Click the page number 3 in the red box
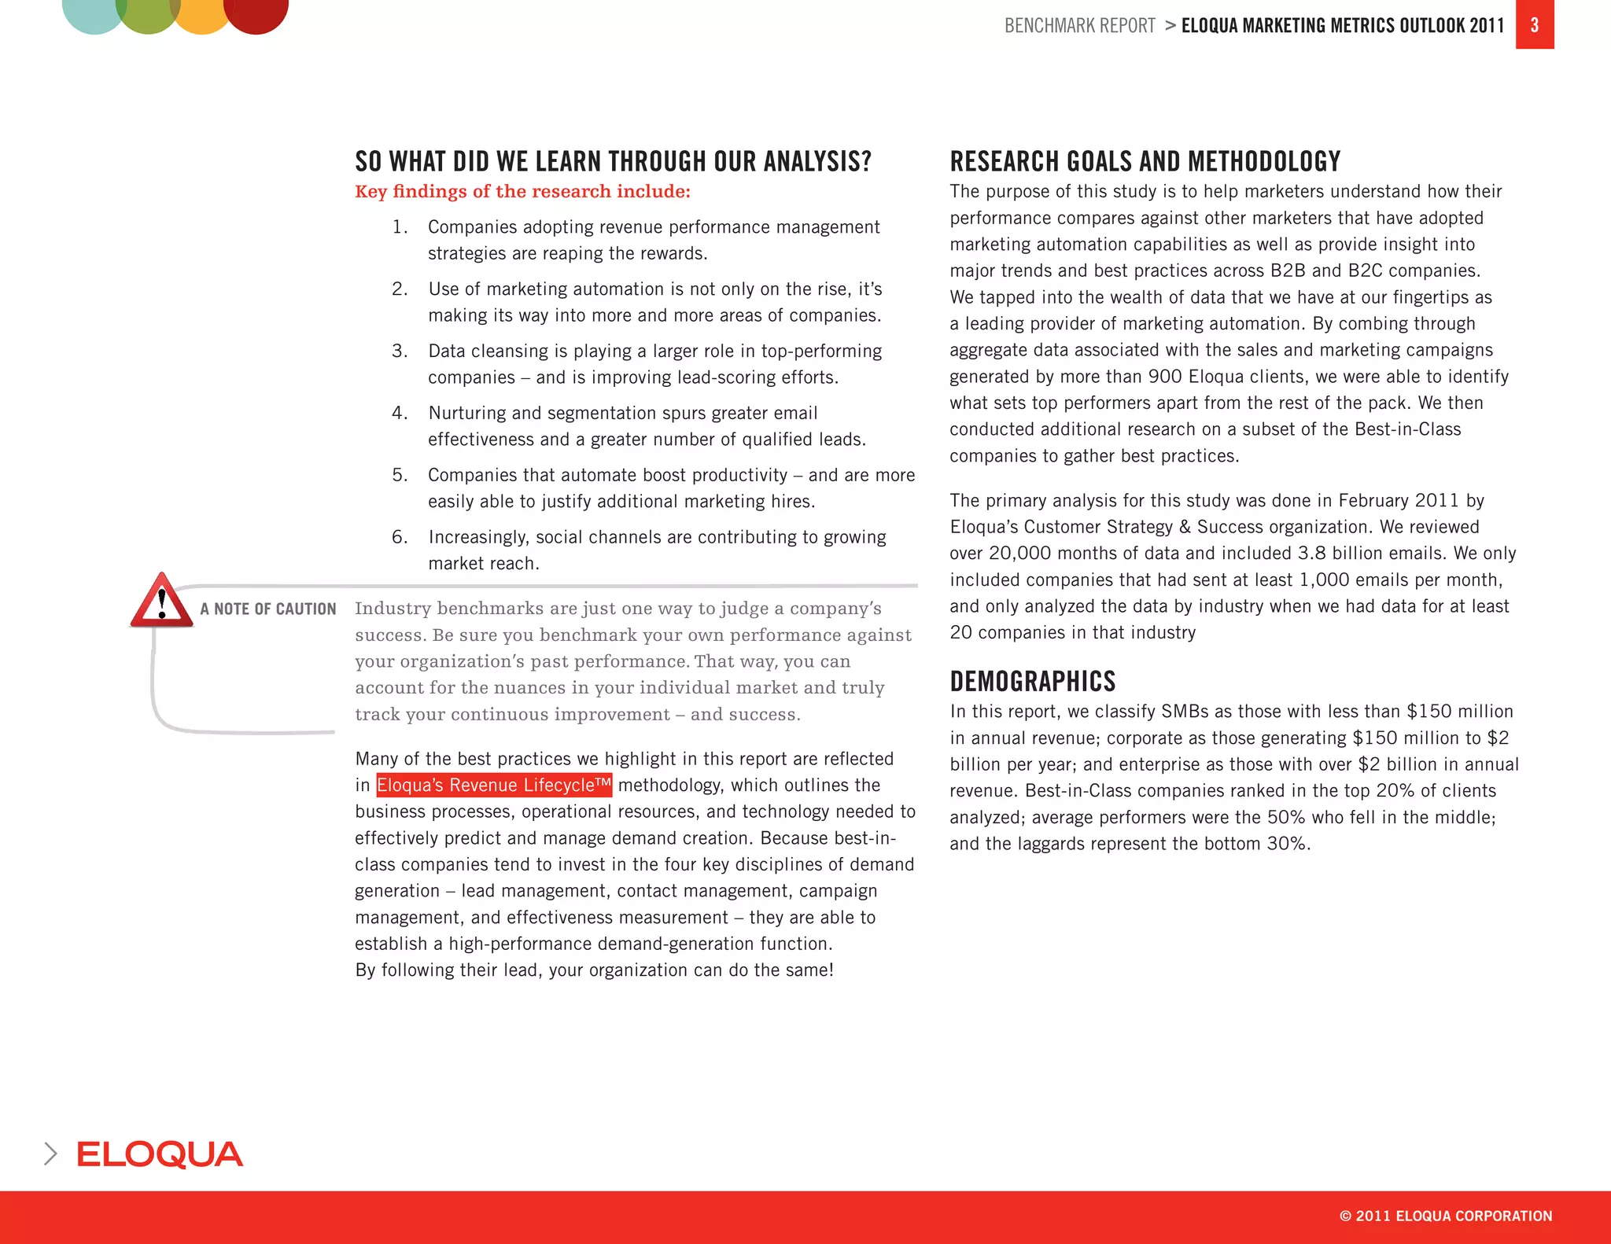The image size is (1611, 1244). pos(1534,25)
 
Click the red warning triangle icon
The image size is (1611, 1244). pos(161,602)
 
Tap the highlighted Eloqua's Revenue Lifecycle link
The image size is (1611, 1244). pos(494,785)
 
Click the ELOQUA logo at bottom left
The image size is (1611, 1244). pos(160,1154)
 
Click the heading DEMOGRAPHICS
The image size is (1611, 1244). pos(1032,681)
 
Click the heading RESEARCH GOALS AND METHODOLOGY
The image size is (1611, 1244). pos(1145,161)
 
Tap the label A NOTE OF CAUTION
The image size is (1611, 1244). pos(267,609)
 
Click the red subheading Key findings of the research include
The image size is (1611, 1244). pos(522,191)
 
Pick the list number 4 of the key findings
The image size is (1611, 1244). pos(400,413)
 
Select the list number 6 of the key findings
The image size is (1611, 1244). pos(400,537)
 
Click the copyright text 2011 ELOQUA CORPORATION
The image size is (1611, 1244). pos(1446,1216)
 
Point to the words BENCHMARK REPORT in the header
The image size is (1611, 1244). pos(1079,26)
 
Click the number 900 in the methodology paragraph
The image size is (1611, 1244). pos(1165,377)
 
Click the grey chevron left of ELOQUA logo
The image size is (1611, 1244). pos(51,1154)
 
